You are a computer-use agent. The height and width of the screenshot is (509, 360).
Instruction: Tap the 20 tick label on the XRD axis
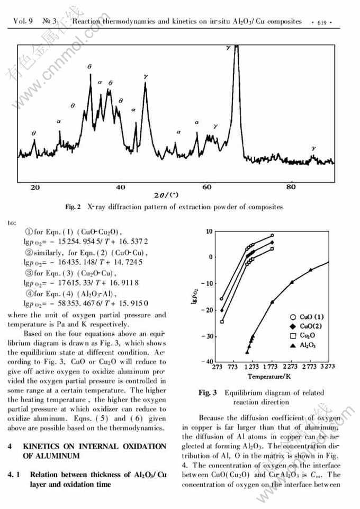click(35, 187)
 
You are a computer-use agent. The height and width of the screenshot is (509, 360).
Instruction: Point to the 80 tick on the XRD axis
click(291, 187)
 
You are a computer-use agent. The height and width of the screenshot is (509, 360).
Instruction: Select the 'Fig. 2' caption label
click(73, 207)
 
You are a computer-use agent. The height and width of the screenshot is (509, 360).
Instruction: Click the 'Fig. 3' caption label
click(208, 392)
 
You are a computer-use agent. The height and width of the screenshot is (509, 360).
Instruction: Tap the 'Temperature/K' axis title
click(269, 376)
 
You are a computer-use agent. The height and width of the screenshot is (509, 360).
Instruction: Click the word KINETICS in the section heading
click(44, 447)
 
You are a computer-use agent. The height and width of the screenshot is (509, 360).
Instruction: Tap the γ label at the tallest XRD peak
click(228, 48)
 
